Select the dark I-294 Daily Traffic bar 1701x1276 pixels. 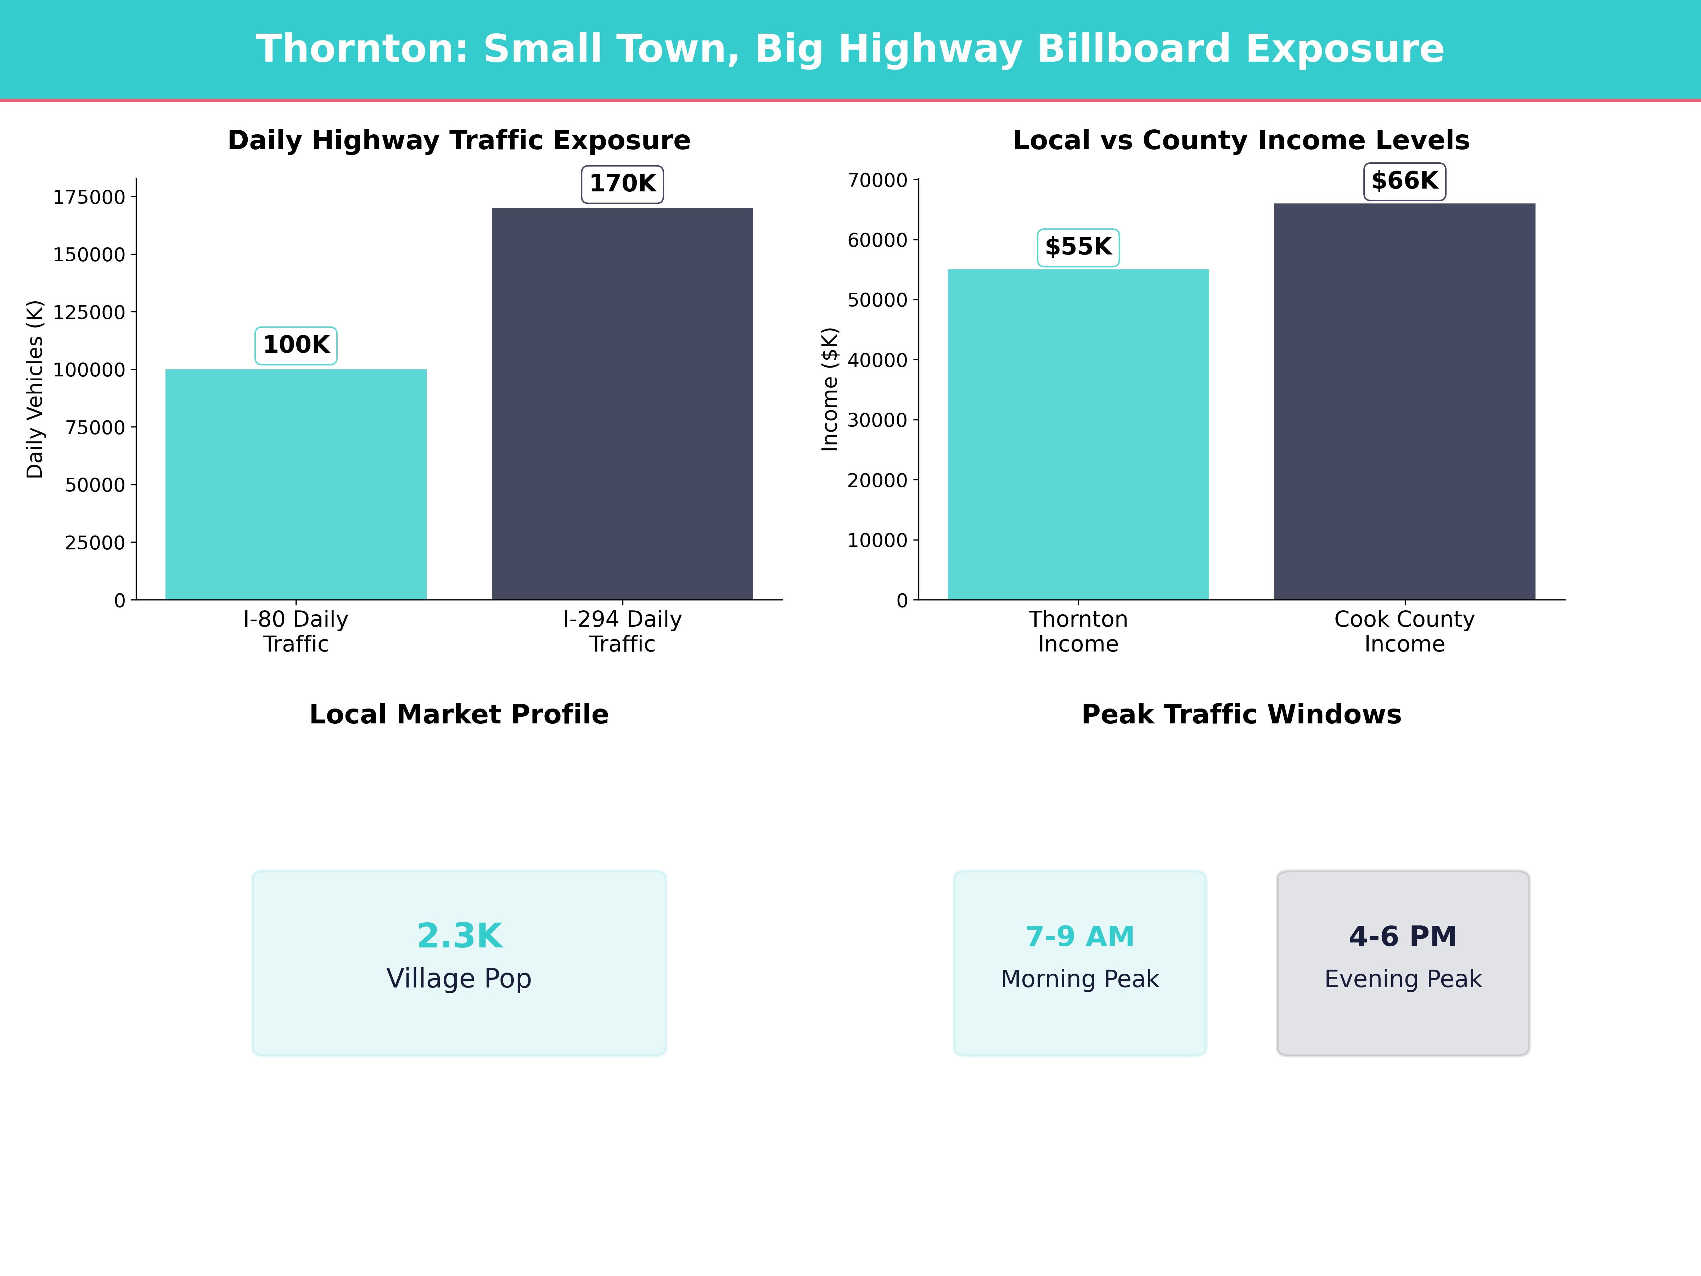coord(622,404)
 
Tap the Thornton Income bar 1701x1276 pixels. coord(1078,435)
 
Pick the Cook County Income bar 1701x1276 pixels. coord(1404,402)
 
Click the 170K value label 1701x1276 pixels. coord(622,184)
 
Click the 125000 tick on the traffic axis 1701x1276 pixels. coord(89,312)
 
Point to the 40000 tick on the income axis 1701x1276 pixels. coord(877,360)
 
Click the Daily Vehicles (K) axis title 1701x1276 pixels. coord(35,389)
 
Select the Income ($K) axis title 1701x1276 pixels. coord(829,389)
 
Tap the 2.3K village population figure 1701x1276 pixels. coord(459,936)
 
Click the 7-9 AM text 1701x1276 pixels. coord(1080,936)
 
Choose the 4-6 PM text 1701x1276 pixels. coord(1403,936)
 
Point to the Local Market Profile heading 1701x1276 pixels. coord(459,715)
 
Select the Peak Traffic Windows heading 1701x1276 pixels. coord(1241,715)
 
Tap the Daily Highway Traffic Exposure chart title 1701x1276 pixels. coord(459,140)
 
